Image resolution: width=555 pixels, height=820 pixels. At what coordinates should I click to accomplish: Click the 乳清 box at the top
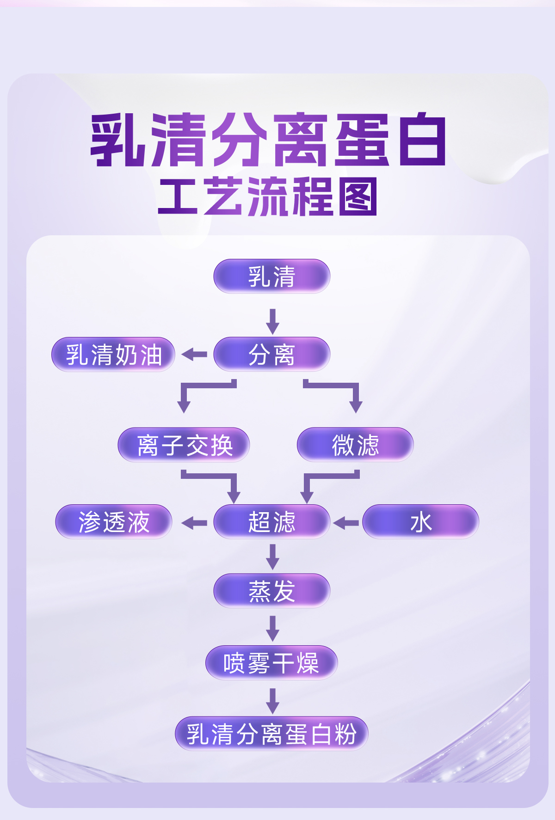point(271,276)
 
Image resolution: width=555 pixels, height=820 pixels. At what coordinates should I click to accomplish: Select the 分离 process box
point(271,355)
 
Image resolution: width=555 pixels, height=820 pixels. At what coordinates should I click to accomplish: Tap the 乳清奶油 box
point(113,355)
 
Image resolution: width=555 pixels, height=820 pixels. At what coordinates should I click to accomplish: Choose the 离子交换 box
point(184,445)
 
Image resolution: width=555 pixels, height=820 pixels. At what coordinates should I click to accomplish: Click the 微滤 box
point(355,445)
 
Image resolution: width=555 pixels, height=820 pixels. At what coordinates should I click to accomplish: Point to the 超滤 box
point(271,522)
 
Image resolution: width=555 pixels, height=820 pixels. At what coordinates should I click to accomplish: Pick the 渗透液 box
point(113,522)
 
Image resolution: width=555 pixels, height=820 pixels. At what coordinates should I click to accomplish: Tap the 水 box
point(420,522)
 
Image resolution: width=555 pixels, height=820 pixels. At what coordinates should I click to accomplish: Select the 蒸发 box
point(271,591)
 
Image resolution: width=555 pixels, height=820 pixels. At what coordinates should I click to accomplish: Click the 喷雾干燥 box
point(271,663)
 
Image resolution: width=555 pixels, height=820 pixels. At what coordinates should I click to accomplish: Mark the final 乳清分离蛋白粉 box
point(271,734)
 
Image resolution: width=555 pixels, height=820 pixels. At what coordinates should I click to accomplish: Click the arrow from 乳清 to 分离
point(272,321)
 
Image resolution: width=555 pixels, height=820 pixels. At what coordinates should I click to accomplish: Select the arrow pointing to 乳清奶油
point(194,355)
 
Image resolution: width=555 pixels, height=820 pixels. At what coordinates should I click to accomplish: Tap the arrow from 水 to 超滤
point(346,523)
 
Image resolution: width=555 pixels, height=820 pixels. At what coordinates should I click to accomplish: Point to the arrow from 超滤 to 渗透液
point(194,523)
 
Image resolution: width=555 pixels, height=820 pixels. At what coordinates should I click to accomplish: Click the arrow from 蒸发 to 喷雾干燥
point(272,628)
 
